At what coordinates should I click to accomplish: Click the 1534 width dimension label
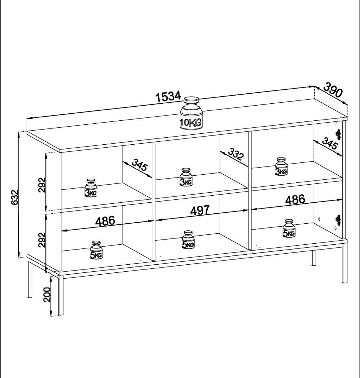coord(168,96)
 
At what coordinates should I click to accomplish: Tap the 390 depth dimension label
coord(333,90)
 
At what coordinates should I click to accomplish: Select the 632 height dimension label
coord(14,197)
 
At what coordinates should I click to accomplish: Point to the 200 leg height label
coord(47,294)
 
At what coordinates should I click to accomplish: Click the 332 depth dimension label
coord(236,154)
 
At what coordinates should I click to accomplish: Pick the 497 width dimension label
coord(200,210)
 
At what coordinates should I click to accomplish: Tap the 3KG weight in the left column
coord(91,188)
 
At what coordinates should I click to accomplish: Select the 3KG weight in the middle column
coord(186,177)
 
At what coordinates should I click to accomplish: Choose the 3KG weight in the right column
coord(281,166)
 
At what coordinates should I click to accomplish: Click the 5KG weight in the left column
coord(96,250)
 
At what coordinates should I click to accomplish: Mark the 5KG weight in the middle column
coord(188,240)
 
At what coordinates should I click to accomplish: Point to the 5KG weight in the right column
coord(289,228)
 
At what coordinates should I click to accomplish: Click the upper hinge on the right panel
coord(339,134)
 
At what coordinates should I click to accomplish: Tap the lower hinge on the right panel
coord(339,220)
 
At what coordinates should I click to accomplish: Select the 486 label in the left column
coord(105,221)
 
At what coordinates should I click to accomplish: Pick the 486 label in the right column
coord(295,200)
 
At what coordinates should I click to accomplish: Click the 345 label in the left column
coord(139,165)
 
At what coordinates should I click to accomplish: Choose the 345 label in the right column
coord(330,143)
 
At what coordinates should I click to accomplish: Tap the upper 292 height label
coord(42,185)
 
